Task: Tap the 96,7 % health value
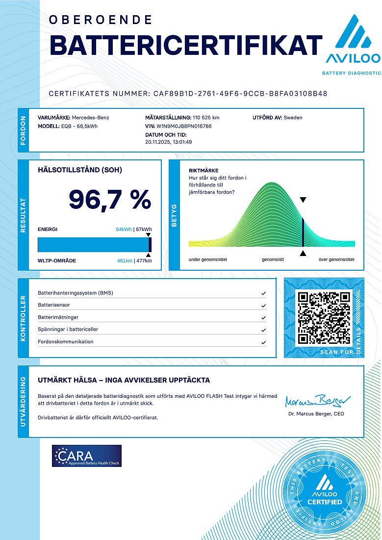click(110, 200)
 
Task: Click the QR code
click(324, 317)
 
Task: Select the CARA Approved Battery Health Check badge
click(87, 456)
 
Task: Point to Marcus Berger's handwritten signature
click(318, 401)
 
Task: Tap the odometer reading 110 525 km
click(206, 118)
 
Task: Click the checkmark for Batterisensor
click(264, 305)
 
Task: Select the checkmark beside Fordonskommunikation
click(264, 342)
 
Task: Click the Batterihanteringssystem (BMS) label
click(76, 293)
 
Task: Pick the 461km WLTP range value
click(125, 260)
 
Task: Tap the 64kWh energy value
click(124, 229)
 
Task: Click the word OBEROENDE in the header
click(101, 20)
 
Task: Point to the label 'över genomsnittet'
click(336, 259)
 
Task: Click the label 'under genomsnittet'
click(208, 259)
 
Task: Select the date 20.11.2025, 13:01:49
click(169, 142)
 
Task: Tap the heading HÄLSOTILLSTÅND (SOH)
click(80, 170)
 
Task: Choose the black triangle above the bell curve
click(303, 200)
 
